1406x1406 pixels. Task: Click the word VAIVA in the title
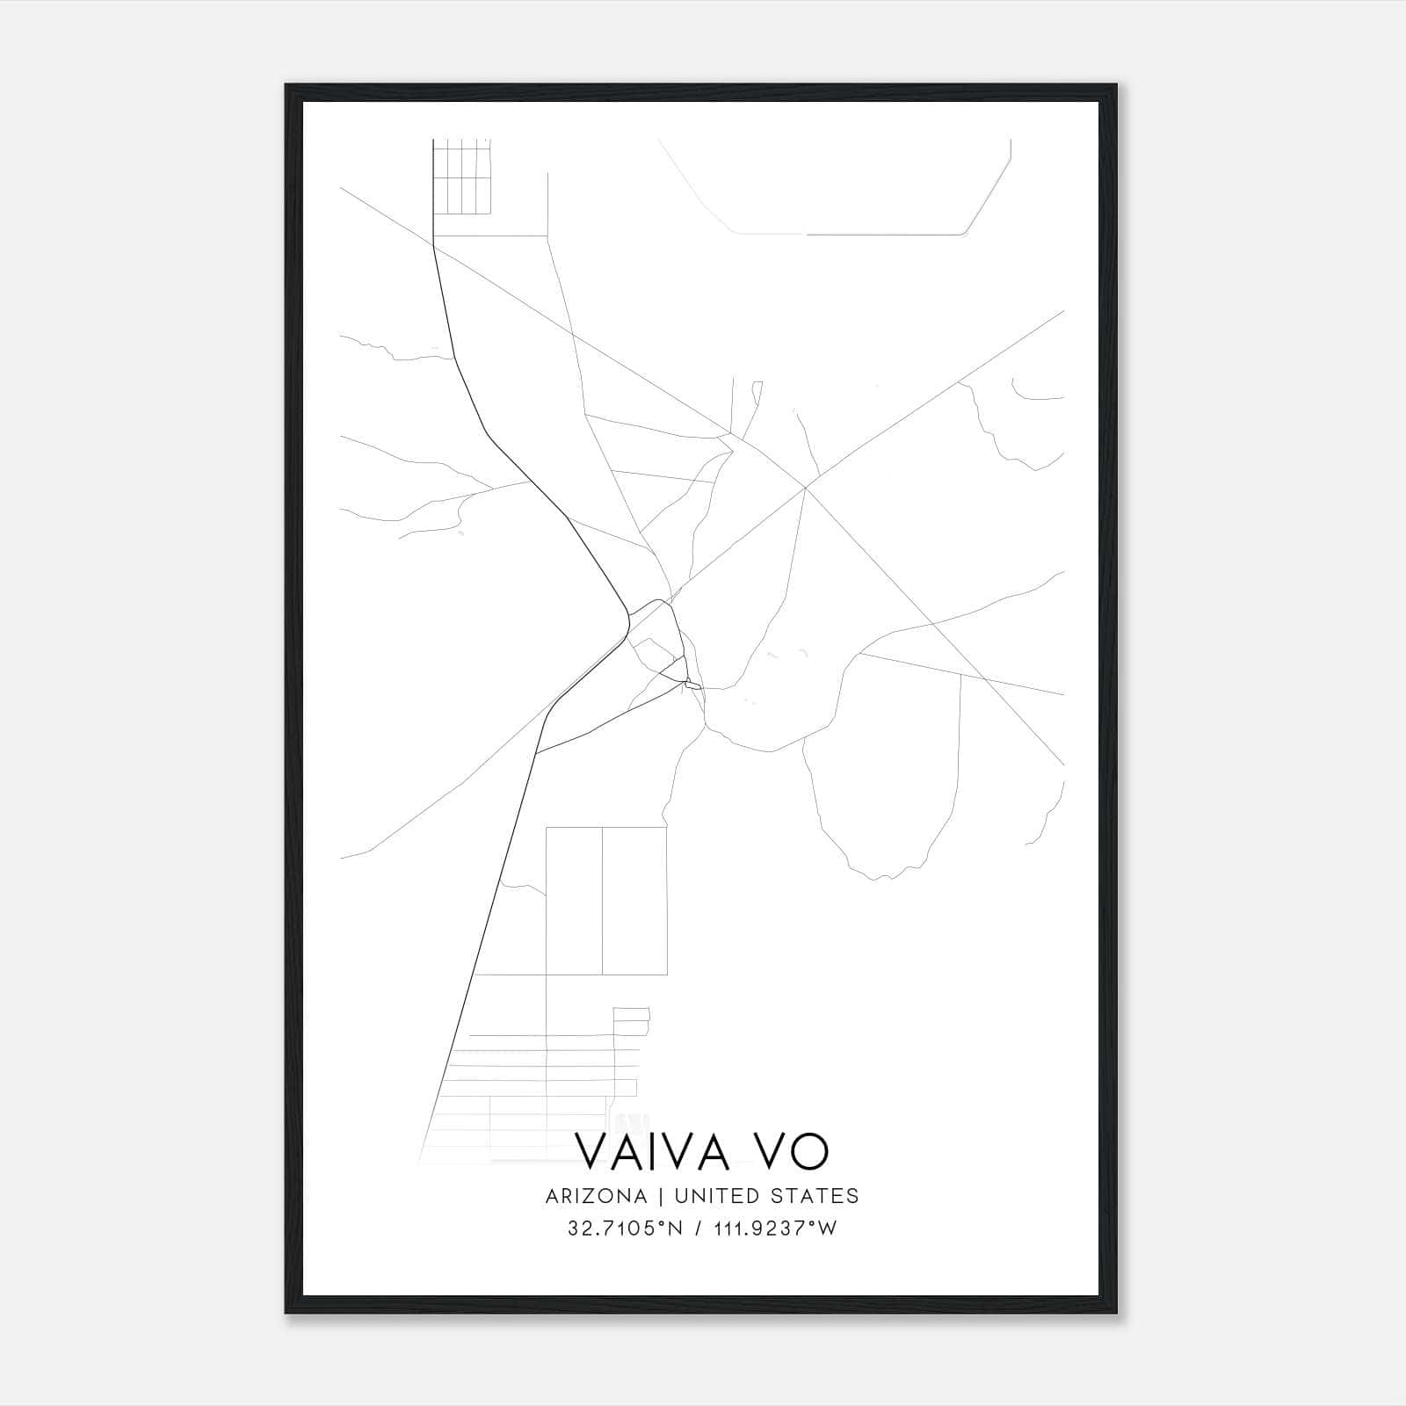coord(656,1151)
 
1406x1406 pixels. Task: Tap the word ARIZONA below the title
coord(596,1196)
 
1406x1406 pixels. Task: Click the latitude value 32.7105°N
coord(625,1228)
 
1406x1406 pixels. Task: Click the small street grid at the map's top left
coord(461,177)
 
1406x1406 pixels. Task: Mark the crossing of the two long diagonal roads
coord(805,487)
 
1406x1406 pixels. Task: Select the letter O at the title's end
coord(809,1151)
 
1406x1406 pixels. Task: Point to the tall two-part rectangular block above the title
coord(605,901)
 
